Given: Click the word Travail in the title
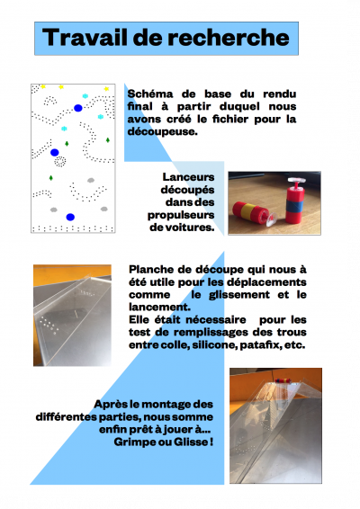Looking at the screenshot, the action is pyautogui.click(x=85, y=38).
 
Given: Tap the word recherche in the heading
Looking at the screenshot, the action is pyautogui.click(x=229, y=38).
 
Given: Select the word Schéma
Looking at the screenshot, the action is pyautogui.click(x=149, y=94).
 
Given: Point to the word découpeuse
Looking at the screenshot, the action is pyautogui.click(x=162, y=132).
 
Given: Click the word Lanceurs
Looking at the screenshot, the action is pyautogui.click(x=188, y=177).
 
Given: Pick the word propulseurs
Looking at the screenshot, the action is pyautogui.click(x=181, y=215).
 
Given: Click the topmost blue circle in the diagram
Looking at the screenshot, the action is pyautogui.click(x=78, y=108).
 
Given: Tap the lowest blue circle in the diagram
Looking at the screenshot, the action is pyautogui.click(x=70, y=217).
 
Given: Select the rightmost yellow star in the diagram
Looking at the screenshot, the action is pyautogui.click(x=106, y=89).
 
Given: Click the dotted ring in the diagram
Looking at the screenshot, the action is pyautogui.click(x=60, y=161).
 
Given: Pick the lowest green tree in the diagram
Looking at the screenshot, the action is pyautogui.click(x=51, y=177).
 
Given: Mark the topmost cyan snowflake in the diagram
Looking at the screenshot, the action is pyautogui.click(x=85, y=95).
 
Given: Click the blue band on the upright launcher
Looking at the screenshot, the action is pyautogui.click(x=295, y=206).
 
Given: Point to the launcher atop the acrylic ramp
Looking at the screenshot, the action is pyautogui.click(x=282, y=380).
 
